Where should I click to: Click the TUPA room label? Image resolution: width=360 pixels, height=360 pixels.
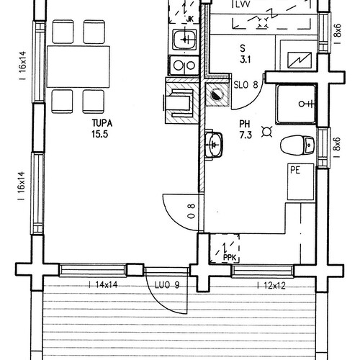[x=102, y=123]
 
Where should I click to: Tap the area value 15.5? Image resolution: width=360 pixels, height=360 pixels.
[x=99, y=134]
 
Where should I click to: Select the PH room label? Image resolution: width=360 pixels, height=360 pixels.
[x=245, y=124]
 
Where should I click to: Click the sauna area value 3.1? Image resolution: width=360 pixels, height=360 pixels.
[x=246, y=59]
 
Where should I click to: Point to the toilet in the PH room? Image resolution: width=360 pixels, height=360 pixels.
[x=297, y=145]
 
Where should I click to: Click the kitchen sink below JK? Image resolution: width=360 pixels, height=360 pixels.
[x=184, y=39]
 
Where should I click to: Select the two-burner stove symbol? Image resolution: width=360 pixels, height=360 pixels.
[x=184, y=66]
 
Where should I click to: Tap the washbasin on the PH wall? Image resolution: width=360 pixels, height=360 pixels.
[x=214, y=144]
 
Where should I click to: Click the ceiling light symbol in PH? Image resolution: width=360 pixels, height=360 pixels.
[x=267, y=132]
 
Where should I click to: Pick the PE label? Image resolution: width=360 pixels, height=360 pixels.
[x=295, y=170]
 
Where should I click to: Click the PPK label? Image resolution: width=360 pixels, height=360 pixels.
[x=230, y=258]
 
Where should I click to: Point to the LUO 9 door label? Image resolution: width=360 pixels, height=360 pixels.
[x=167, y=285]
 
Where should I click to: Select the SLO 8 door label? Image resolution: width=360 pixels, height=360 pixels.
[x=246, y=85]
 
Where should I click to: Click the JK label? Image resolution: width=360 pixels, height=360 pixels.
[x=189, y=19]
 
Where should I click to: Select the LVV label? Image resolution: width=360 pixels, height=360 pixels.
[x=243, y=4]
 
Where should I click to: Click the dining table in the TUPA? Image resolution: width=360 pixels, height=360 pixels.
[x=78, y=67]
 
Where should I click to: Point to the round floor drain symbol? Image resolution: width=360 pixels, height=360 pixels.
[x=216, y=94]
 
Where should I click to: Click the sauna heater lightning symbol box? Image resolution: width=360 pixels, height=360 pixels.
[x=300, y=60]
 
